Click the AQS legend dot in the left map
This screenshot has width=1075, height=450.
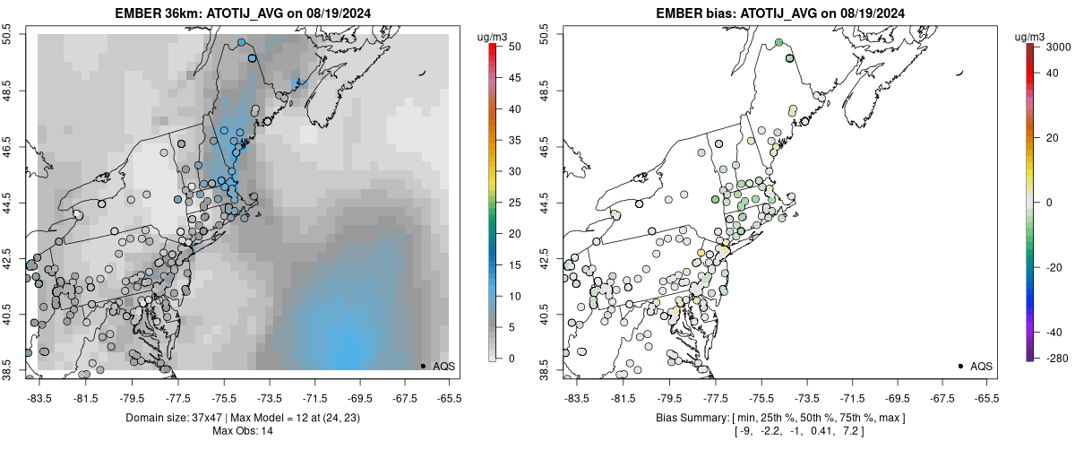point(423,366)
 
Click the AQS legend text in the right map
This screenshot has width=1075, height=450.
point(981,367)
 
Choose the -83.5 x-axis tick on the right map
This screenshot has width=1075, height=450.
point(576,395)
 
